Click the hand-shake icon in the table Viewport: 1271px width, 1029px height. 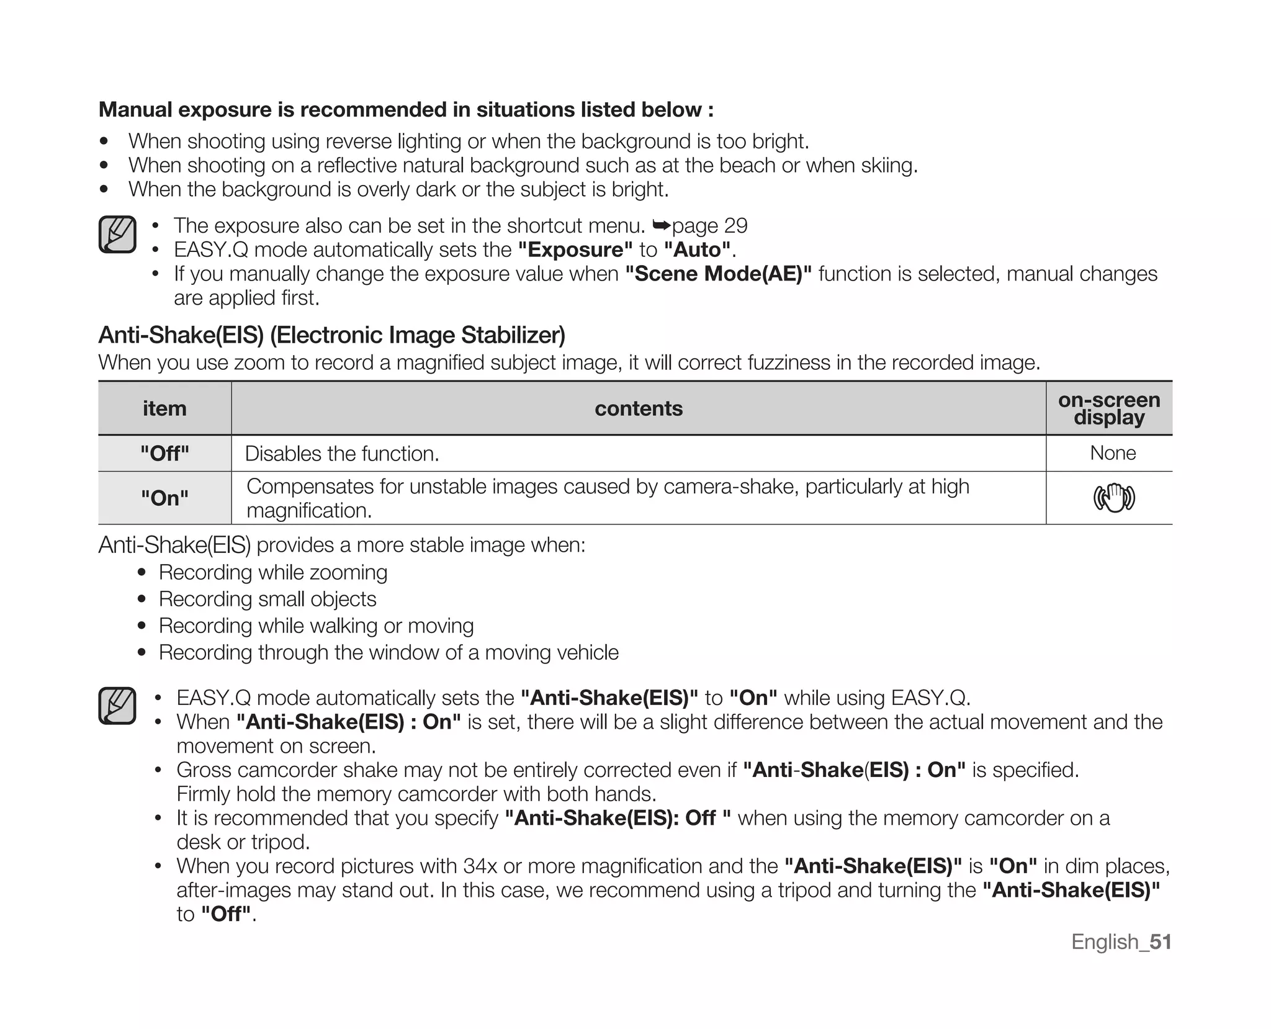click(x=1114, y=498)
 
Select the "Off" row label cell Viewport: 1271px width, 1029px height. click(x=164, y=454)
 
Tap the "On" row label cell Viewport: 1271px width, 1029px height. click(x=164, y=498)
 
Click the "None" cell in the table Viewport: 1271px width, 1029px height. click(x=1113, y=453)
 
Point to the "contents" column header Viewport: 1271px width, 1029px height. click(x=639, y=408)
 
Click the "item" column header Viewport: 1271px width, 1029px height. click(x=164, y=408)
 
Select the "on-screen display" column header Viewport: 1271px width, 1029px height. click(x=1109, y=408)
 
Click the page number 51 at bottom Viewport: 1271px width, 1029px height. click(x=1161, y=941)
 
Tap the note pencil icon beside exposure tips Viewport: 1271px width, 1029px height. click(x=117, y=235)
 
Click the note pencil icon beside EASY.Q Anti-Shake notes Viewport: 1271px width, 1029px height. click(x=117, y=706)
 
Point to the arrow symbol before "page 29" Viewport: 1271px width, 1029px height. click(x=662, y=225)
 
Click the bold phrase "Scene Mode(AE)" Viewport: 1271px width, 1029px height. click(x=718, y=274)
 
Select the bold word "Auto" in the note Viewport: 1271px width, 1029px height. click(x=698, y=249)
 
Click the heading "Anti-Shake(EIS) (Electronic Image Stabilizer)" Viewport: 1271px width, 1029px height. click(x=331, y=335)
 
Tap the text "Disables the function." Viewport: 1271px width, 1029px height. click(x=342, y=454)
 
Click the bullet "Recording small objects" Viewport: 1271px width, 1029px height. click(x=267, y=599)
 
